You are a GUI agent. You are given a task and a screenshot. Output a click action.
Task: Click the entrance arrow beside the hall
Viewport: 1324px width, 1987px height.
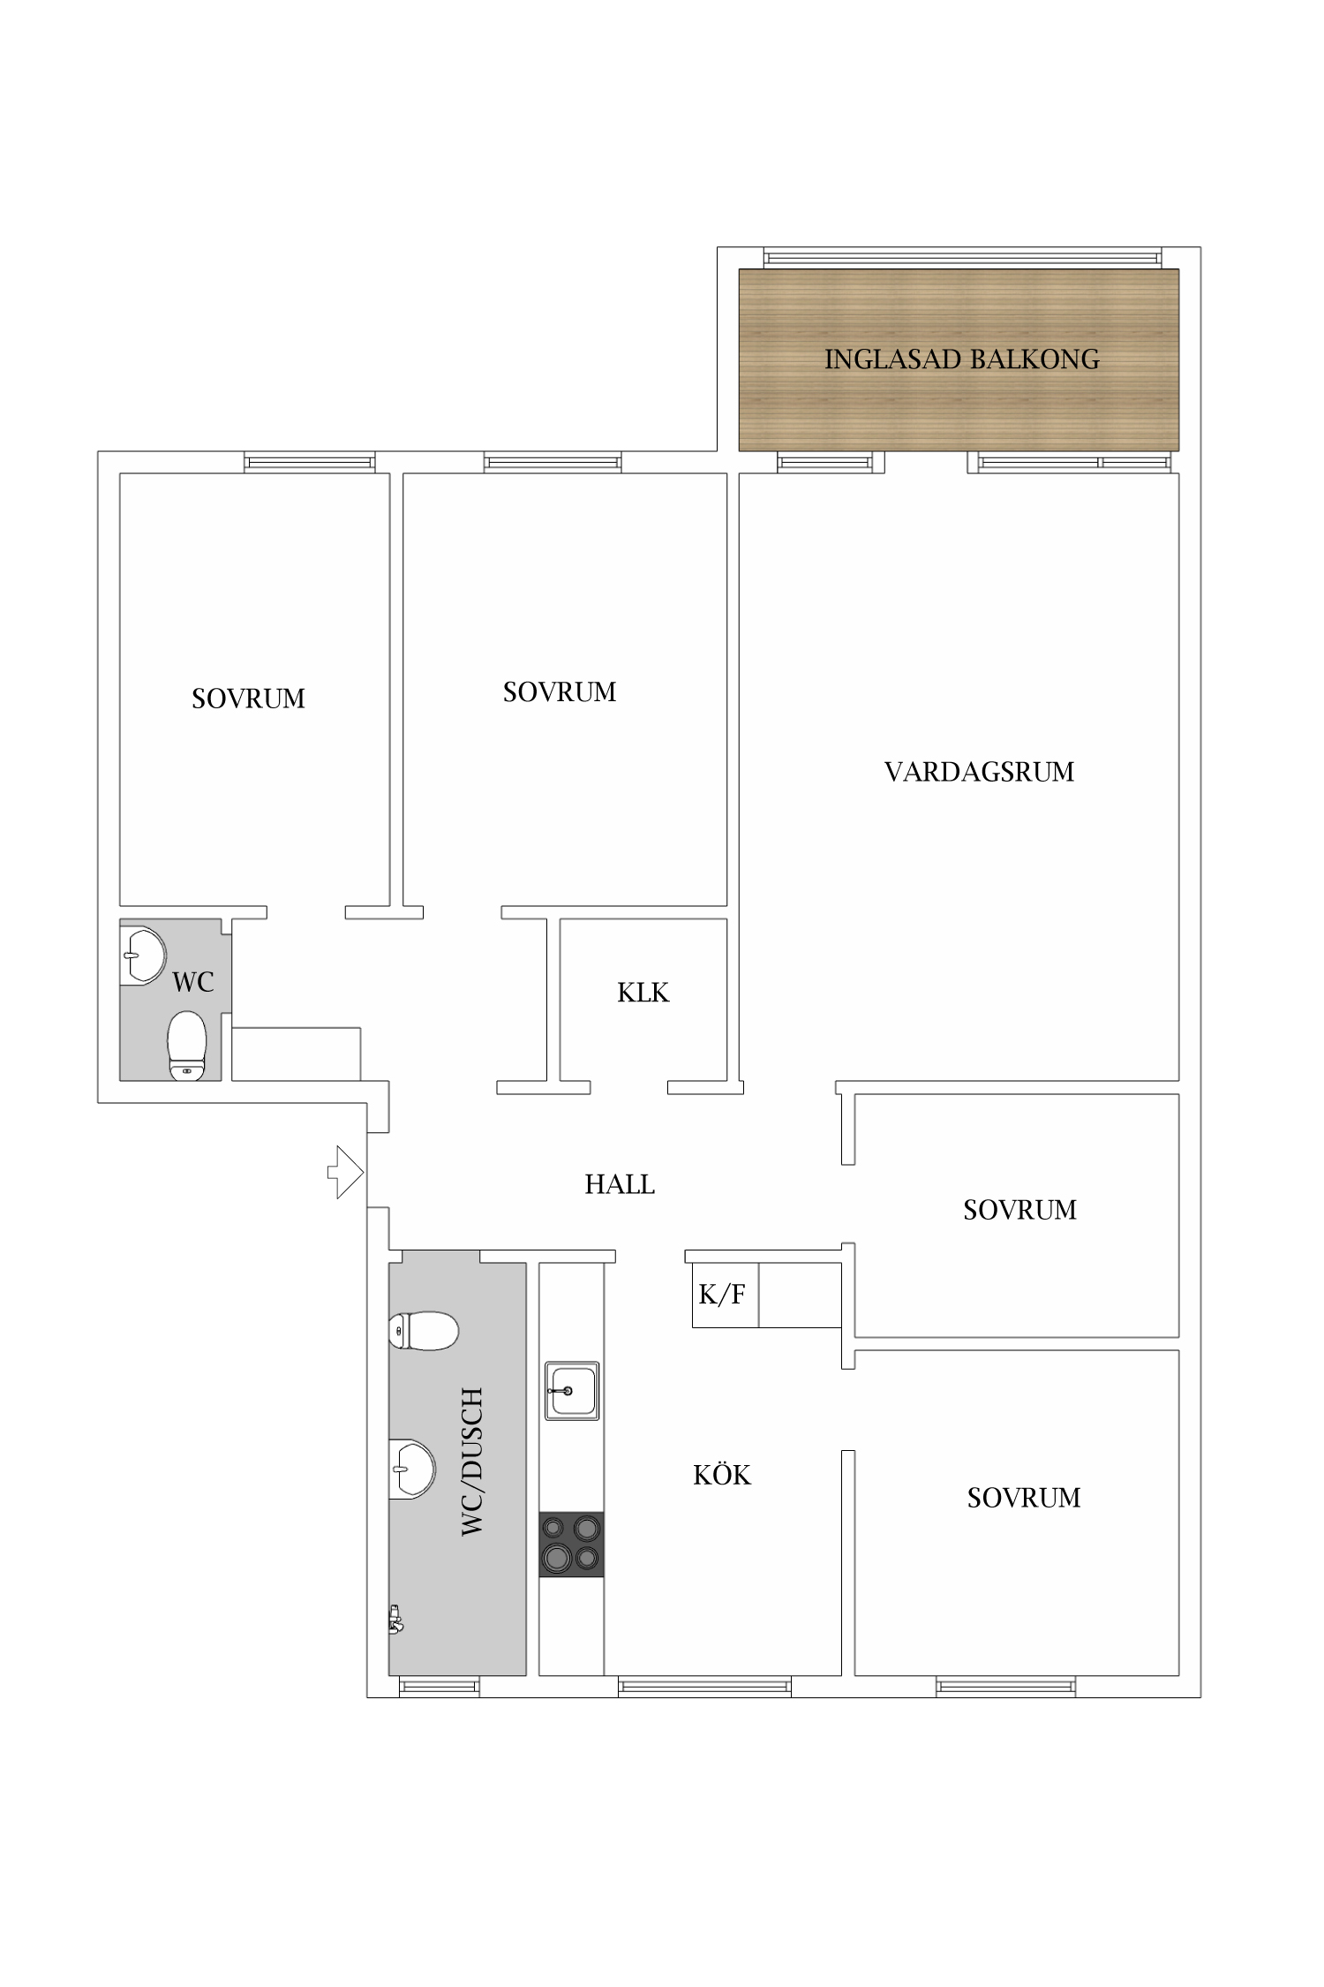(346, 1172)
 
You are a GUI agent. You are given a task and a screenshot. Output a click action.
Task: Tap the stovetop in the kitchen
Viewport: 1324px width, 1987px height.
(572, 1544)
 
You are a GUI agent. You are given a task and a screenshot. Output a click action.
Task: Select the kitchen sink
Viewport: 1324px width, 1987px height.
(572, 1390)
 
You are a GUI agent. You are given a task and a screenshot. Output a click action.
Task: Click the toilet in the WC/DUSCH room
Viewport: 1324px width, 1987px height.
(424, 1331)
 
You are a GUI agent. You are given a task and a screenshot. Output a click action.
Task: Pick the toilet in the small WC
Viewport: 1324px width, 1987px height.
(186, 1046)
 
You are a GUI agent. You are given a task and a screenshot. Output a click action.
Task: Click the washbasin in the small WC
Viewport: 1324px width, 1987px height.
(143, 956)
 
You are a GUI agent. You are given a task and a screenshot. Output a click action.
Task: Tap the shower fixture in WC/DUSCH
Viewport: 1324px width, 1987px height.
(395, 1620)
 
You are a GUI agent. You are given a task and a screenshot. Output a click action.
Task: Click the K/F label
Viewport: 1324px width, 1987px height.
(722, 1295)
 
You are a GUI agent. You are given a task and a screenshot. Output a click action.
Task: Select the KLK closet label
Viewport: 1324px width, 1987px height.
(643, 993)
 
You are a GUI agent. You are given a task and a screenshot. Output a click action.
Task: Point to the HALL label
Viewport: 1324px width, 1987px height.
(620, 1184)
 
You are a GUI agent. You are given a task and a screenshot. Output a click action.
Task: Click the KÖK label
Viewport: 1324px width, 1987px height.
(722, 1475)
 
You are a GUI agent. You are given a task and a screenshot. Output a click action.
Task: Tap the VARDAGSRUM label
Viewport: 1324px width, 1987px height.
(979, 772)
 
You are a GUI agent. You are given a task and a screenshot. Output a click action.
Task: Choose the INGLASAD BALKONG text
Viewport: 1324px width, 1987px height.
(962, 359)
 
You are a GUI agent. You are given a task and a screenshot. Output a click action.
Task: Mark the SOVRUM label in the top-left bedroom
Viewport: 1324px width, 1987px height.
(248, 699)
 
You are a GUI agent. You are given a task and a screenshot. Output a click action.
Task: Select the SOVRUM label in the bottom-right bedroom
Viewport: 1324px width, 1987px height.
(1024, 1498)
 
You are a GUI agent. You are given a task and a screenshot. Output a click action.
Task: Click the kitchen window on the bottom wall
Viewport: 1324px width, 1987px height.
(704, 1687)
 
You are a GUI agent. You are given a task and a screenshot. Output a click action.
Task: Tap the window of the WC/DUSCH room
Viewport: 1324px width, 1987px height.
(439, 1687)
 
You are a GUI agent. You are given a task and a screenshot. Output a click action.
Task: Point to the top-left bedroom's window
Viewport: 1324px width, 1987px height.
(310, 462)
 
